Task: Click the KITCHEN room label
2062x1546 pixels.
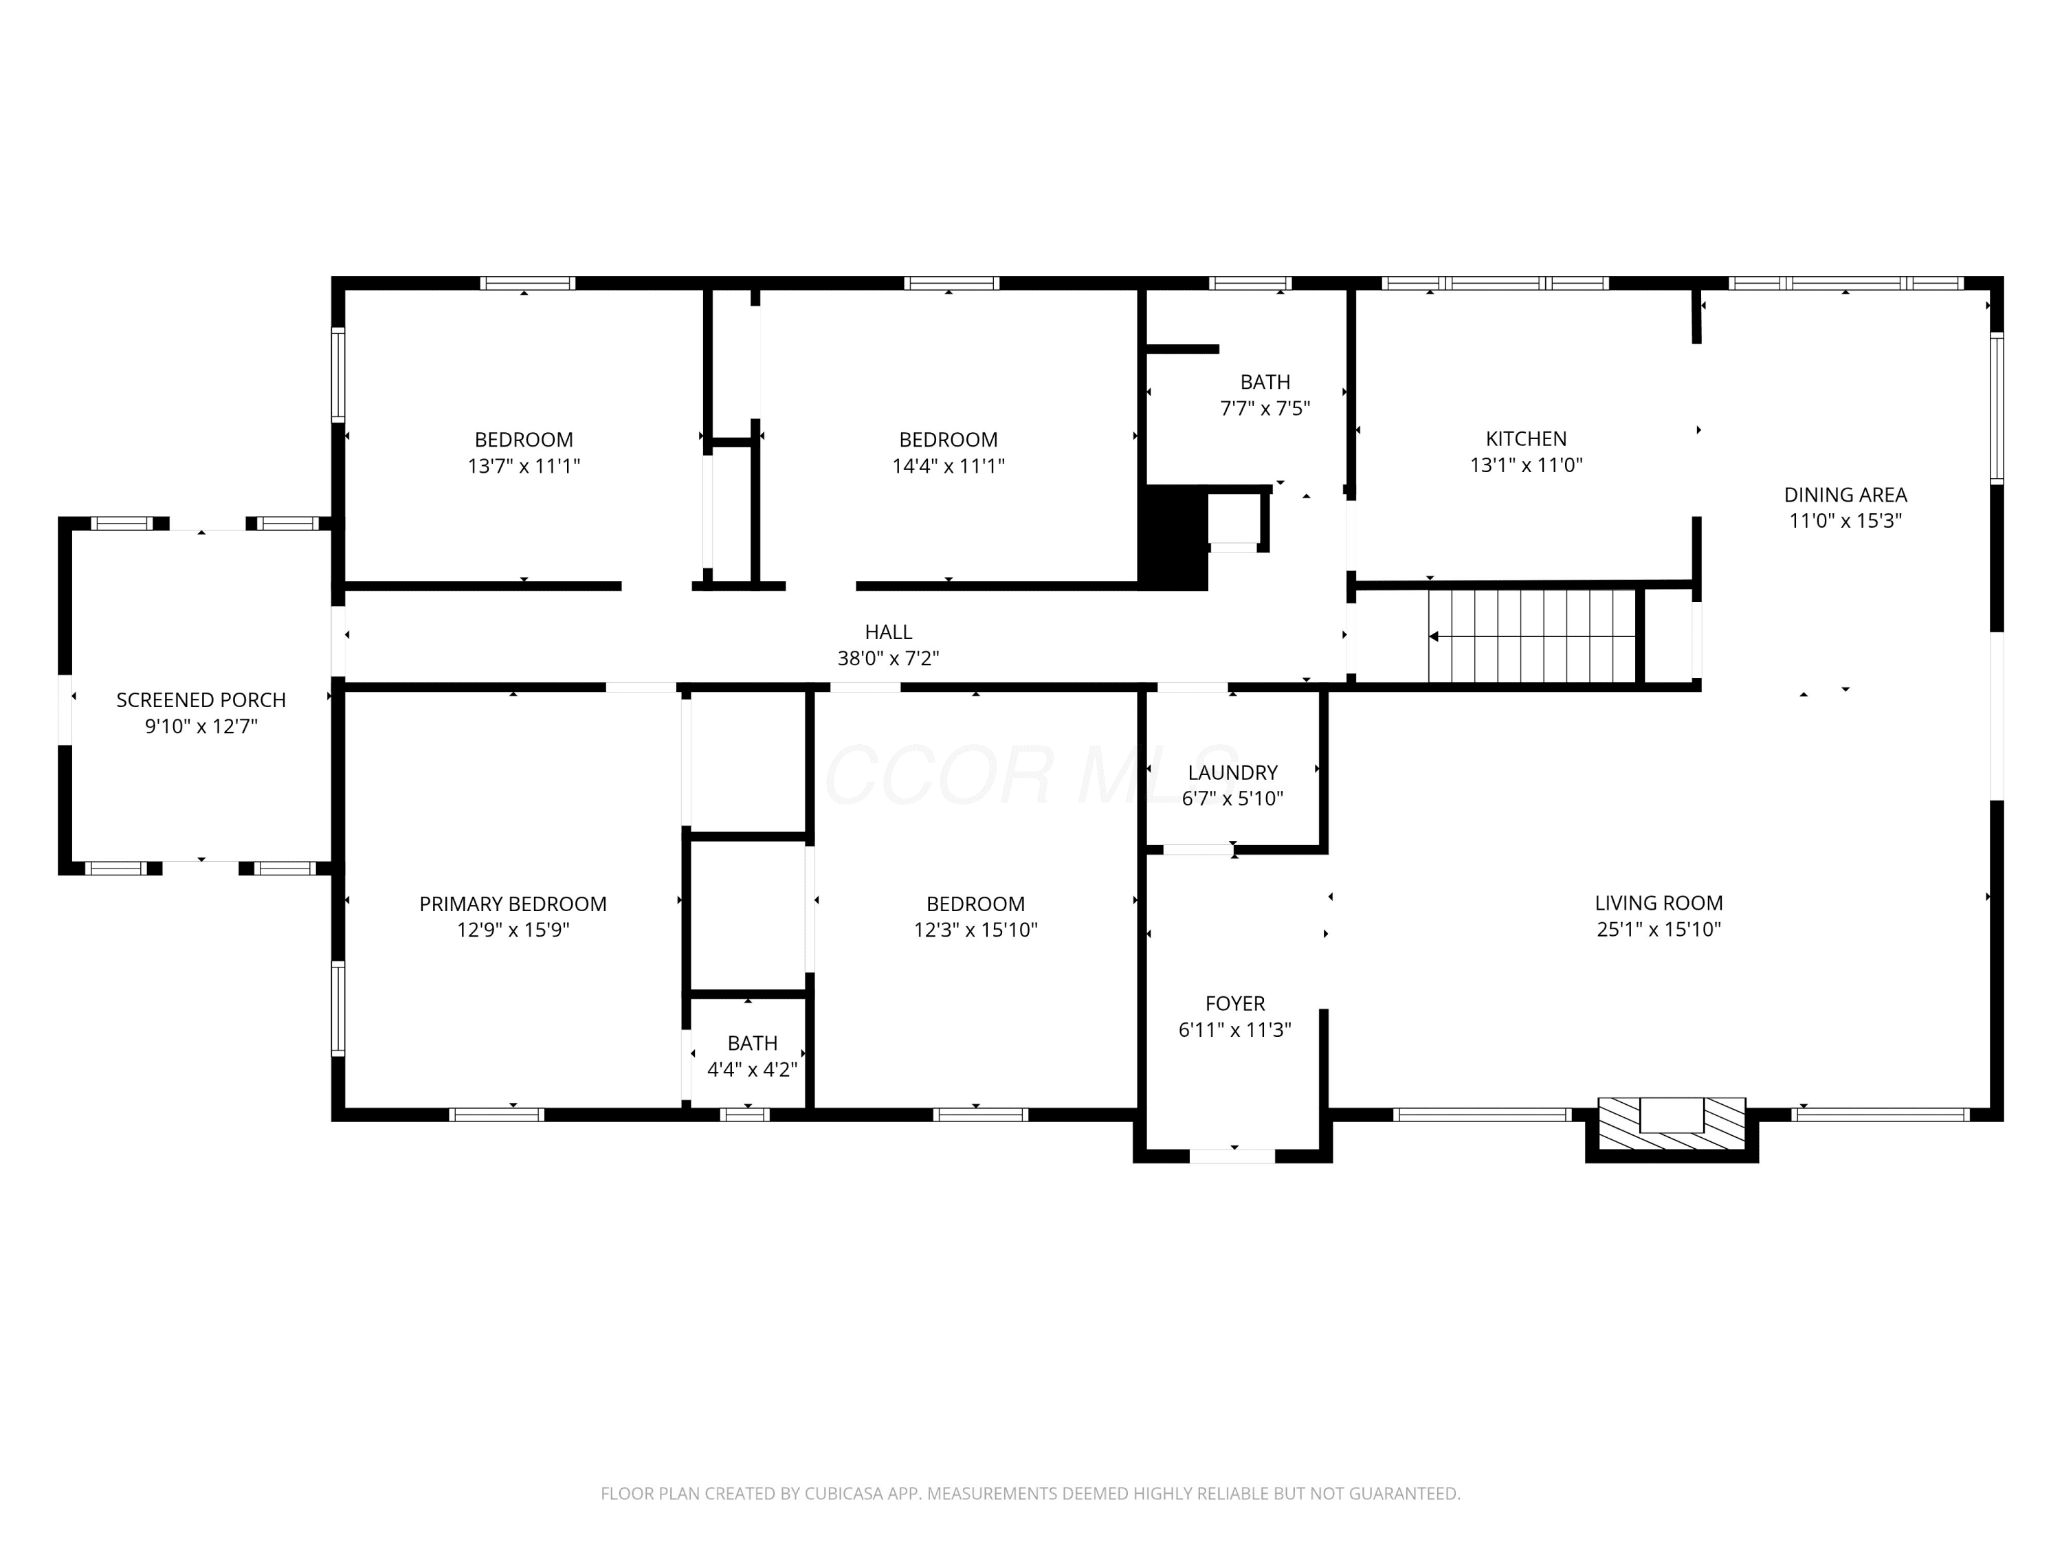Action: click(1526, 439)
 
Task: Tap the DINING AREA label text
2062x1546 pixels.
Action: click(1845, 495)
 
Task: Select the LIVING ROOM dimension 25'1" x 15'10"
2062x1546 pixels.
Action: click(1659, 929)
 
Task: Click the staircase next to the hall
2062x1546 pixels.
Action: click(1533, 636)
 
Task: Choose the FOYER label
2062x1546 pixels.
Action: click(1234, 1004)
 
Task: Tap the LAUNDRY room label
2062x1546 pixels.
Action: click(1232, 772)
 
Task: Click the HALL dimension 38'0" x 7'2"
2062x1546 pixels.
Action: click(887, 659)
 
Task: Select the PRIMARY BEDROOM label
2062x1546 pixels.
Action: click(513, 904)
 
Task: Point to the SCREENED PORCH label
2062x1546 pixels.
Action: click(201, 700)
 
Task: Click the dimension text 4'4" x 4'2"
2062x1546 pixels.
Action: click(752, 1070)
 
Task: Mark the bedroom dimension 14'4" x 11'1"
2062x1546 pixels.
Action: click(948, 466)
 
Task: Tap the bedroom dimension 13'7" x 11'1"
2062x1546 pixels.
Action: click(524, 466)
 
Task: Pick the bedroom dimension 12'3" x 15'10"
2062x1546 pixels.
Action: click(975, 930)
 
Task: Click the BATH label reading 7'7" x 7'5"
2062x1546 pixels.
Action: click(1265, 382)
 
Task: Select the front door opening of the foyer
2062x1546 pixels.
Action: click(1232, 1156)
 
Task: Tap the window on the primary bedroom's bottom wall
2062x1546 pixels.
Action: click(496, 1114)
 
